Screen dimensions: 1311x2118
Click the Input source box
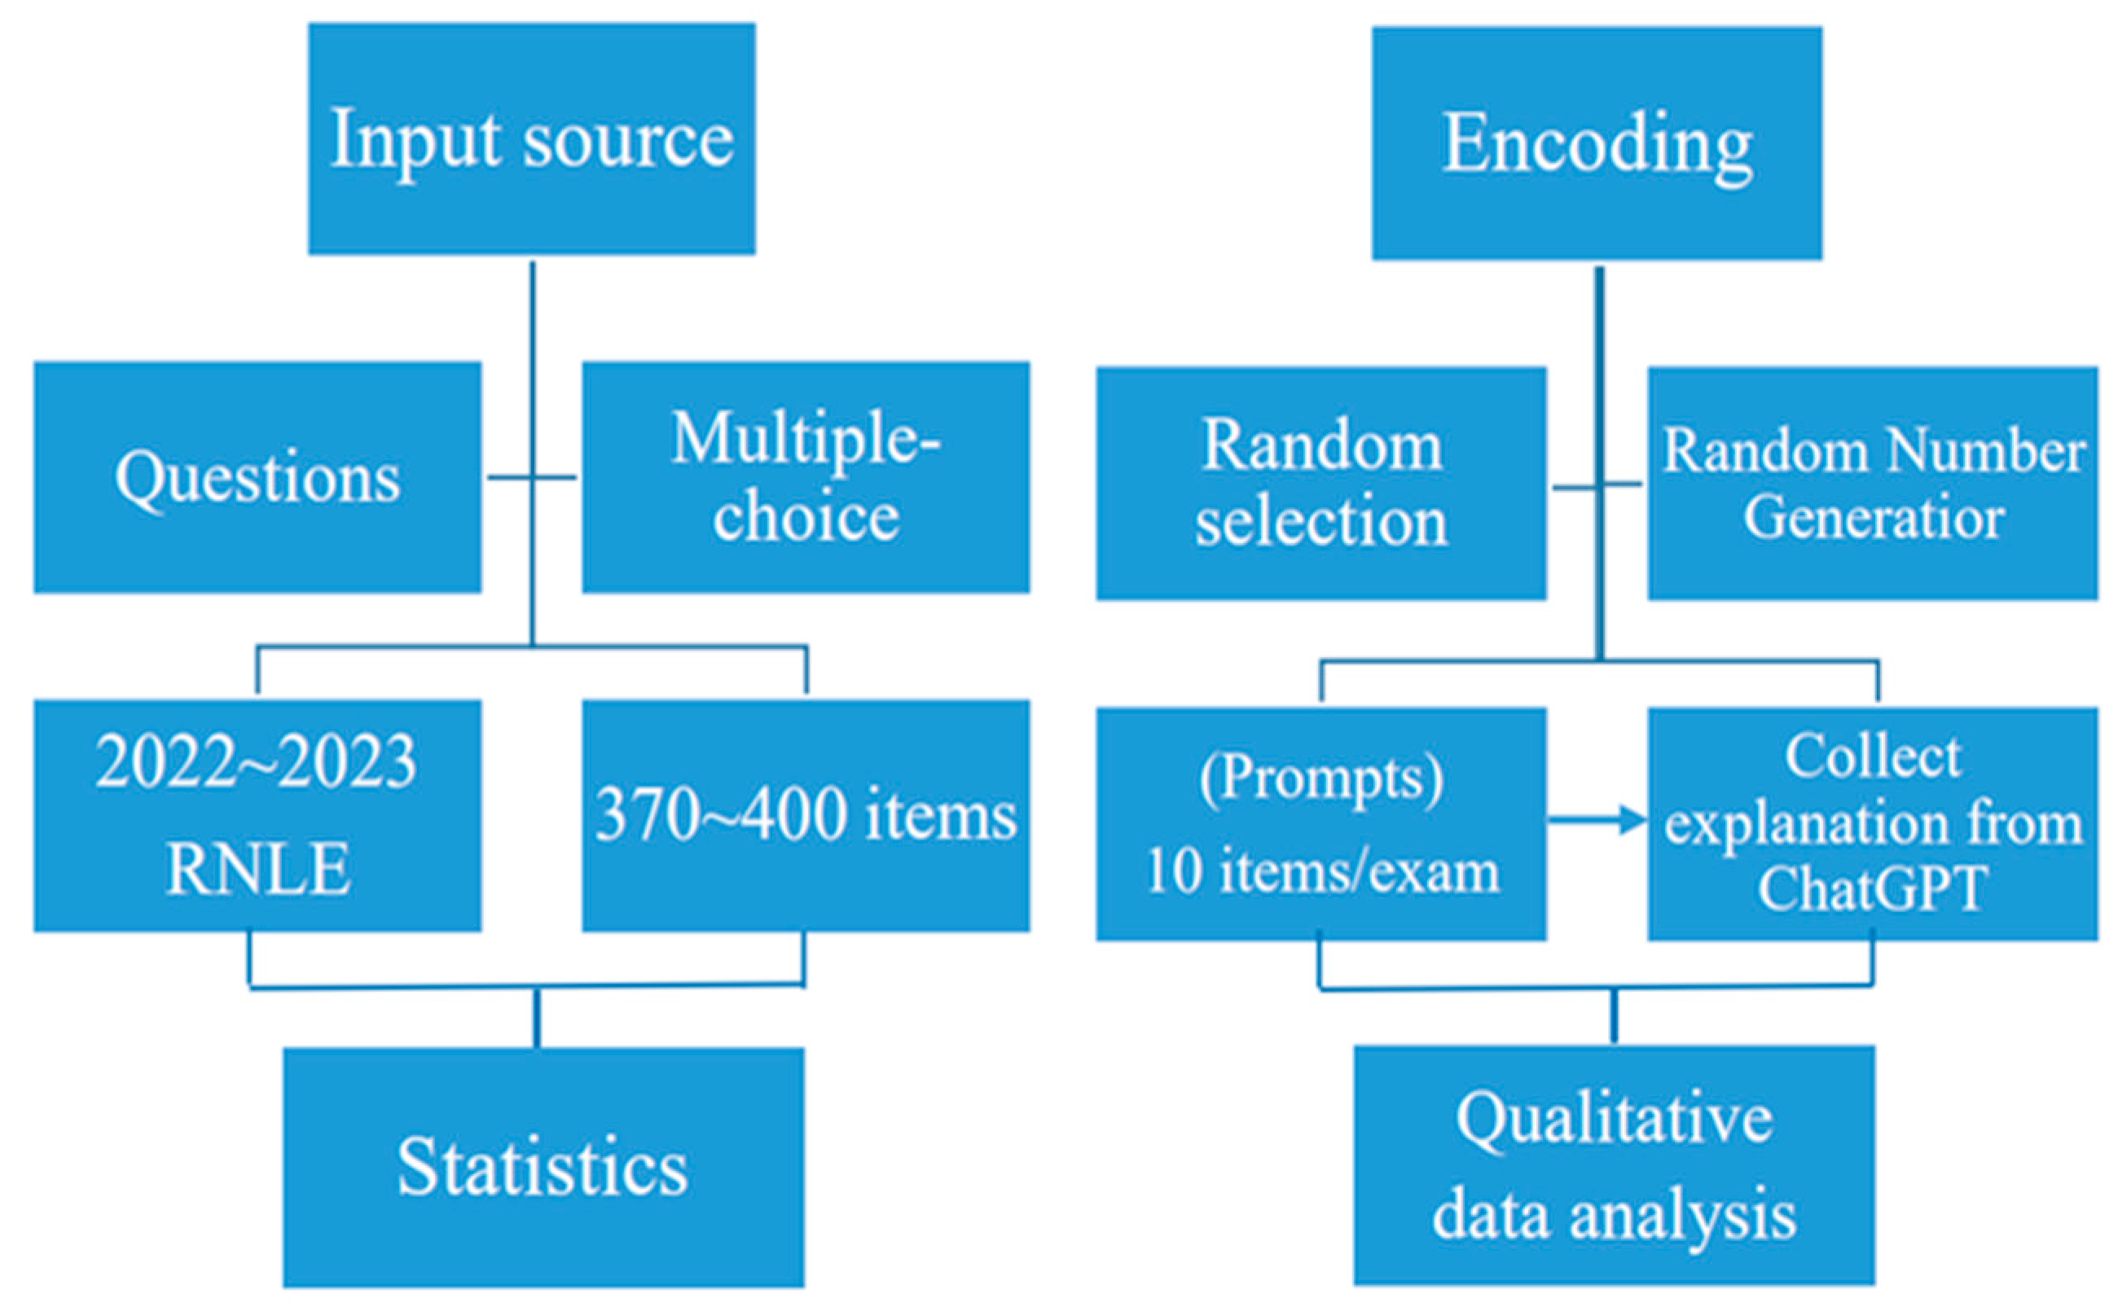coord(532,138)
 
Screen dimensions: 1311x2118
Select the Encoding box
coord(1596,143)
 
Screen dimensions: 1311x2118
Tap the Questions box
coord(257,477)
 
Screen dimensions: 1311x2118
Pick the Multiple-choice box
coord(806,477)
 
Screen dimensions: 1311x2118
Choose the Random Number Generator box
coord(1873,483)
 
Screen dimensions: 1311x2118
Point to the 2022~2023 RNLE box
coord(257,815)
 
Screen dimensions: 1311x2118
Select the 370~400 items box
coord(806,815)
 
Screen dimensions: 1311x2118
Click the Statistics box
coord(543,1167)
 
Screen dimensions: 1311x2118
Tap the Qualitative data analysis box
coord(1613,1165)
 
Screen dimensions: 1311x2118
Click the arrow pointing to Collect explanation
coord(1597,818)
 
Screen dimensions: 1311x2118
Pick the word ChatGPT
coord(1872,888)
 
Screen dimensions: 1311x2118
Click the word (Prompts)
coord(1321,778)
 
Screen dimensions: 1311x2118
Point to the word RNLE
coord(257,869)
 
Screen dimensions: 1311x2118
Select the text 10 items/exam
coord(1321,870)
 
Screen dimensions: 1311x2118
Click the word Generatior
coord(1873,518)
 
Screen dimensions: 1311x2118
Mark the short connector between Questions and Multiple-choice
coord(532,477)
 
